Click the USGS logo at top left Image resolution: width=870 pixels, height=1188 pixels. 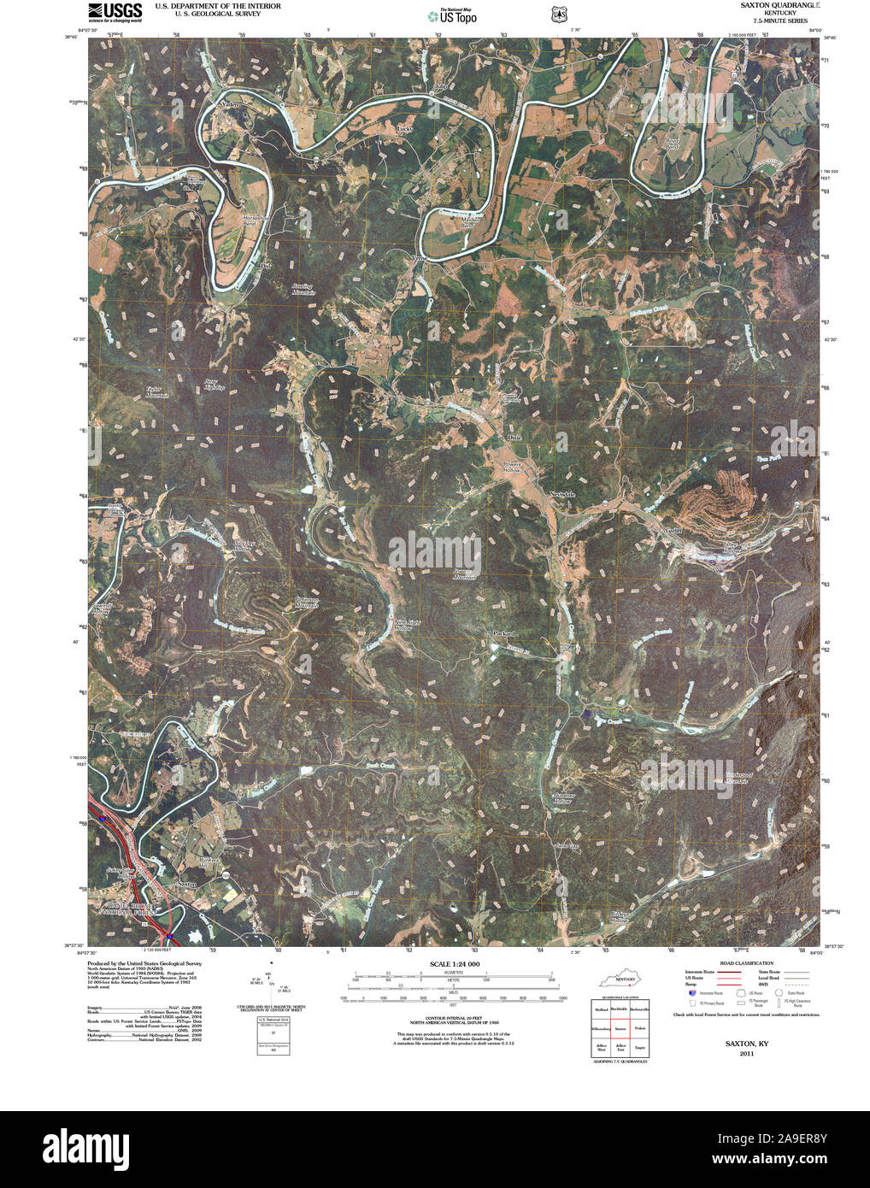(x=114, y=11)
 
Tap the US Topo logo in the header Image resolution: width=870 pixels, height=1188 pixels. (x=452, y=15)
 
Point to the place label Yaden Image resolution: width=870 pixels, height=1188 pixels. (x=228, y=104)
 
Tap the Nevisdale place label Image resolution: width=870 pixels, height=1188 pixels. (x=562, y=495)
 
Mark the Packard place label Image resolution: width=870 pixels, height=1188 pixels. (x=503, y=633)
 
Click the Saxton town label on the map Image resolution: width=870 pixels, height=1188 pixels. (x=186, y=885)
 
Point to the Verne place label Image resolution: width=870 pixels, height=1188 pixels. (x=419, y=256)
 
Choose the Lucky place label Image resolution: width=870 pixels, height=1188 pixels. (x=404, y=129)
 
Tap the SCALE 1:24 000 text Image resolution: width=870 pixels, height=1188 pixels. (x=449, y=964)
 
